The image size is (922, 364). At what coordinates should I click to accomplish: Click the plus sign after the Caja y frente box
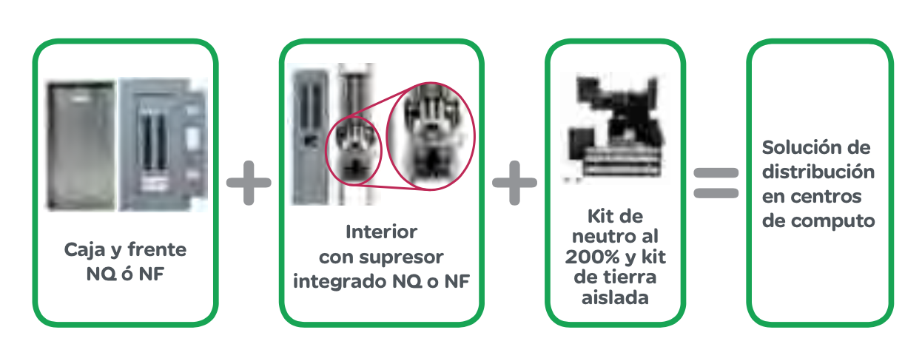pyautogui.click(x=249, y=183)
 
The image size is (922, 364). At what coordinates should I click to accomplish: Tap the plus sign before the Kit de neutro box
pyautogui.click(x=514, y=183)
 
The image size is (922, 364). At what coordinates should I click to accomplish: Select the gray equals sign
pyautogui.click(x=716, y=183)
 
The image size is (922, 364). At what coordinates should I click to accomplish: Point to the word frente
pyautogui.click(x=157, y=249)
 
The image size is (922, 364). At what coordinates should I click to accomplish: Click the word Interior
pyautogui.click(x=381, y=232)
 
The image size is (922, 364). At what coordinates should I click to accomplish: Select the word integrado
pyautogui.click(x=340, y=283)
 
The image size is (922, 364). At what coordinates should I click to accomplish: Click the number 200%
pyautogui.click(x=592, y=257)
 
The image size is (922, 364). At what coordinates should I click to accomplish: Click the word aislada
pyautogui.click(x=615, y=297)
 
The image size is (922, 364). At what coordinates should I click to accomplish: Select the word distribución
pyautogui.click(x=818, y=172)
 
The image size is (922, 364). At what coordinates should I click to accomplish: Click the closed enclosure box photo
pyautogui.click(x=81, y=146)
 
